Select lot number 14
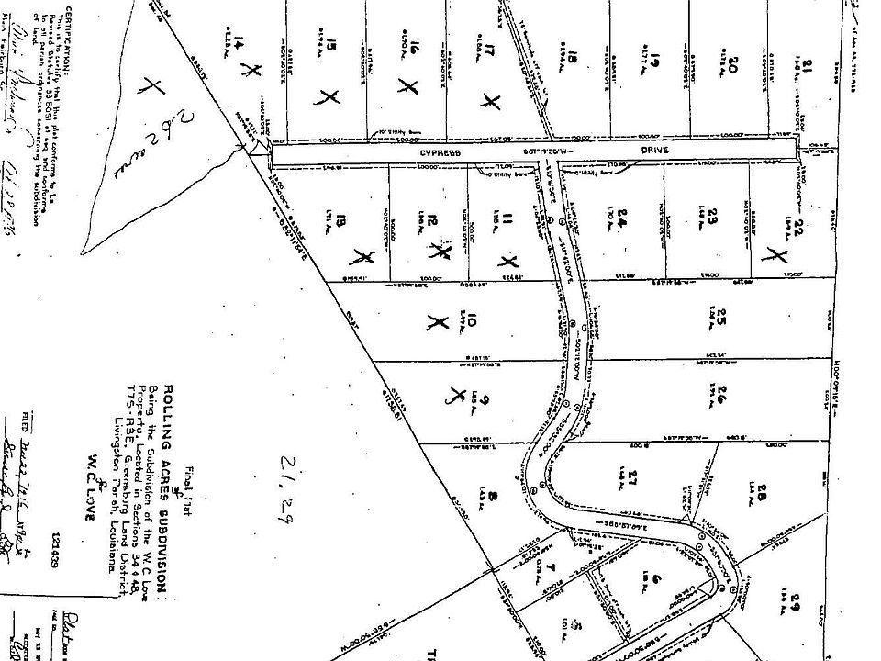(x=240, y=46)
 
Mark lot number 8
(x=492, y=499)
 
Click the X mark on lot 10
(x=436, y=322)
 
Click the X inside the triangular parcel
(x=152, y=87)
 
